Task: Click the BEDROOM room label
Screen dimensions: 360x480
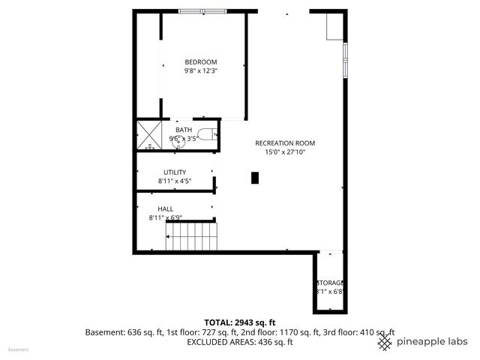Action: click(201, 61)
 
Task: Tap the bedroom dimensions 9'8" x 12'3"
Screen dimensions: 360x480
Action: click(201, 70)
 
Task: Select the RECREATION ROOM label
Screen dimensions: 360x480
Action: click(285, 143)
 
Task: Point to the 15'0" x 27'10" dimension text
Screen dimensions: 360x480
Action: click(285, 152)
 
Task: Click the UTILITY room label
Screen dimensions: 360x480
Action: click(175, 172)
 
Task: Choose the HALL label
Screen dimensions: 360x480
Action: click(165, 208)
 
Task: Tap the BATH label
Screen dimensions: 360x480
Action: click(184, 130)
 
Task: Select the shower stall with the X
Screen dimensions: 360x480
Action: click(149, 135)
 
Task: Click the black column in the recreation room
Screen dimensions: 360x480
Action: click(255, 178)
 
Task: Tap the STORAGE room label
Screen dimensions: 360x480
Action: click(330, 283)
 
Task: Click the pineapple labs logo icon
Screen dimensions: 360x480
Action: click(385, 342)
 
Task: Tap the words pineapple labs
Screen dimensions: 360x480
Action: click(432, 342)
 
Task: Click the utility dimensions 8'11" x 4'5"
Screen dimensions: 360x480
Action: click(175, 181)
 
